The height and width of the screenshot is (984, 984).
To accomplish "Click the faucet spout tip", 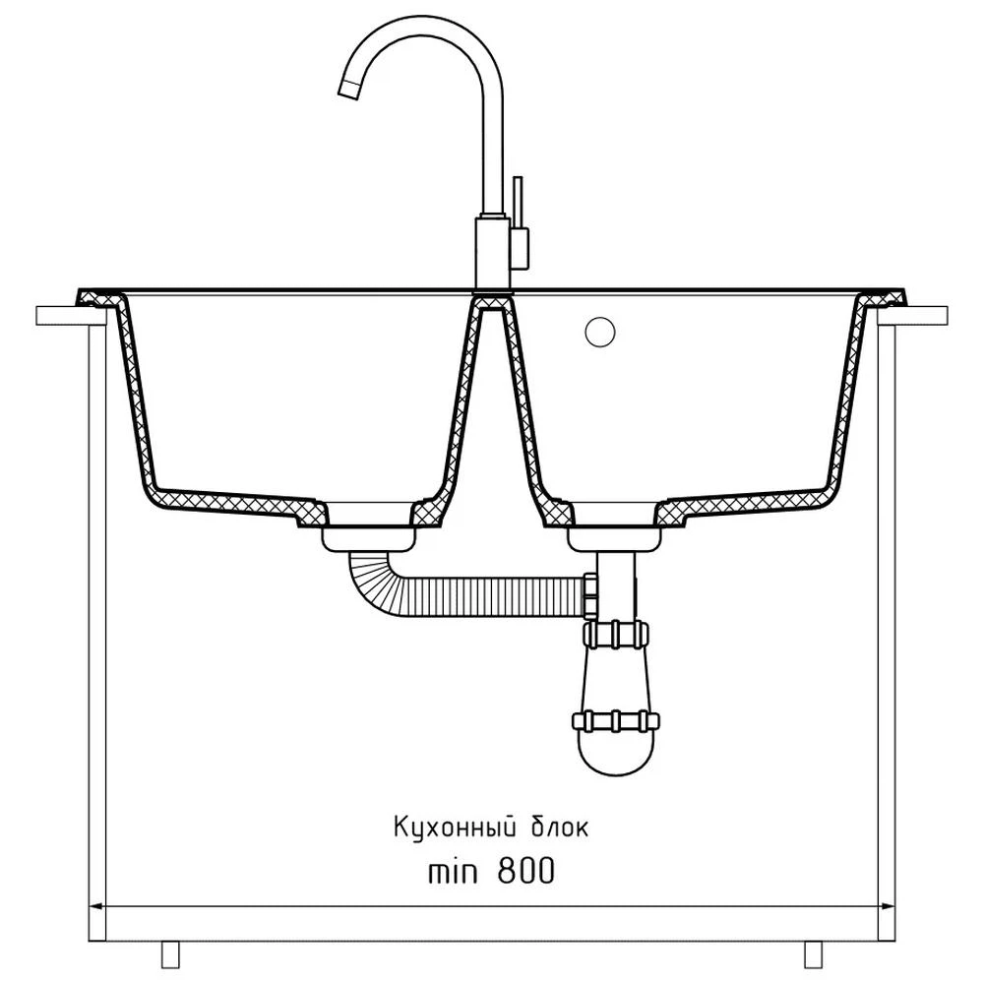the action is point(349,90).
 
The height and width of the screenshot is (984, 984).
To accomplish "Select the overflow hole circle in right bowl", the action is point(600,332).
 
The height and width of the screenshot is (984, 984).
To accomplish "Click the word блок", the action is point(561,828).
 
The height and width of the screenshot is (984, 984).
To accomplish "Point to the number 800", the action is point(525,871).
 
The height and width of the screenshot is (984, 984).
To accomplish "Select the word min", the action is point(453,871).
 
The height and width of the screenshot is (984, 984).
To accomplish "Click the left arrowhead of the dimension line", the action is point(97,906).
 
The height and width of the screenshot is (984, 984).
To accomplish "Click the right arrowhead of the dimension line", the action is point(887,906).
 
